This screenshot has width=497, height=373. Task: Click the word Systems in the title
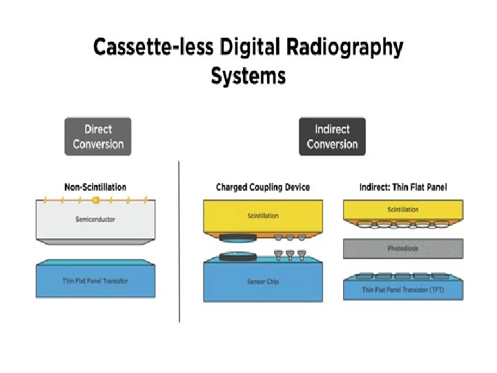click(248, 75)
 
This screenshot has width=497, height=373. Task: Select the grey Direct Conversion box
click(98, 137)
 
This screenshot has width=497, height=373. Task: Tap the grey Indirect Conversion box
click(332, 137)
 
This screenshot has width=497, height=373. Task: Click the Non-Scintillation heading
click(95, 187)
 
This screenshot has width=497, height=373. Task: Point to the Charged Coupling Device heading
click(263, 187)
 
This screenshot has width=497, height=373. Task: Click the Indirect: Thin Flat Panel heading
click(403, 187)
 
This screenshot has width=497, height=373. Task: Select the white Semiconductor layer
click(95, 220)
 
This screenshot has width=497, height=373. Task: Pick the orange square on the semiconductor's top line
click(96, 200)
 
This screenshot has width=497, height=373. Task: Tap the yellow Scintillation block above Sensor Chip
click(263, 216)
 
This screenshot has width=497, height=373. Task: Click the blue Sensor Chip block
click(263, 282)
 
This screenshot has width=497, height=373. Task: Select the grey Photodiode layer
click(403, 248)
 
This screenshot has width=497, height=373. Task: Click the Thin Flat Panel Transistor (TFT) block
click(403, 289)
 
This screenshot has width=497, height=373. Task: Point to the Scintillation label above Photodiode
click(403, 209)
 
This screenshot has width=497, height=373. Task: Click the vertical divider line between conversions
click(179, 242)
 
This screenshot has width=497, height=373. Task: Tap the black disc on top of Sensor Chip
click(238, 257)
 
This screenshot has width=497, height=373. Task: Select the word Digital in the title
click(244, 48)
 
